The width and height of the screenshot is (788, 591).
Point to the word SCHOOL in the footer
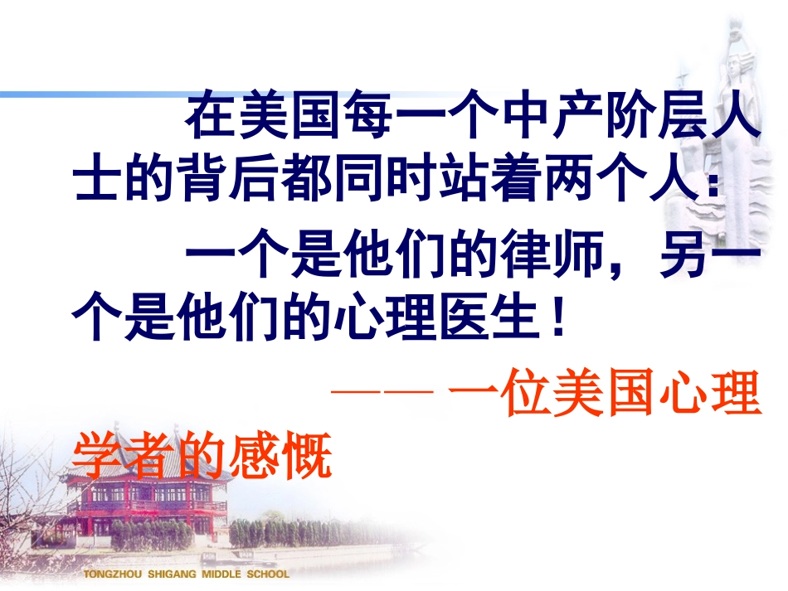(270, 574)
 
